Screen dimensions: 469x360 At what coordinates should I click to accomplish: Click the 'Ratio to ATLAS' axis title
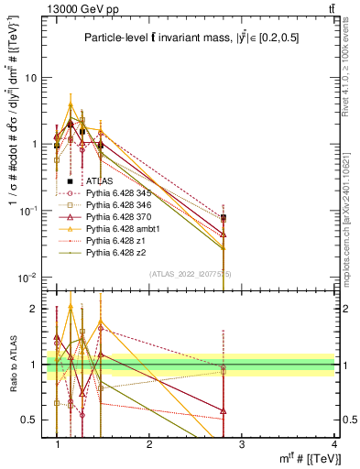point(12,364)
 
